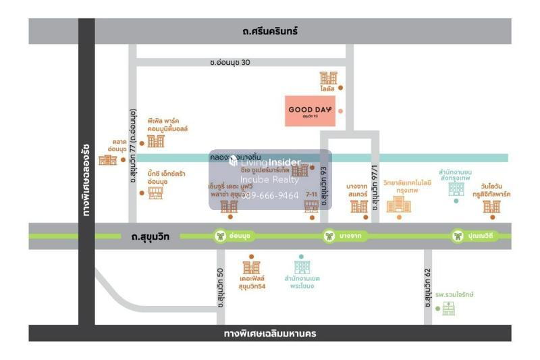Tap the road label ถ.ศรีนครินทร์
point(270,31)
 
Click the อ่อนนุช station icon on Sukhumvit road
point(220,236)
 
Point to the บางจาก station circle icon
point(329,236)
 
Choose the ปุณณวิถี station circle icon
point(458,236)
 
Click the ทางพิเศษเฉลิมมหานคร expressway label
point(270,334)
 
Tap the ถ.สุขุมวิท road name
point(146,236)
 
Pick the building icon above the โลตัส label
point(329,78)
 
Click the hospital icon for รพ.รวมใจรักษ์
point(448,309)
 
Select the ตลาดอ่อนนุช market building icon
point(107,159)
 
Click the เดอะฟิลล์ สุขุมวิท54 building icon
point(251,267)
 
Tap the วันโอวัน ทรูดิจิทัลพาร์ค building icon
point(491,207)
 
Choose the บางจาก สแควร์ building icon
point(359,206)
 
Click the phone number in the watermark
point(271,195)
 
